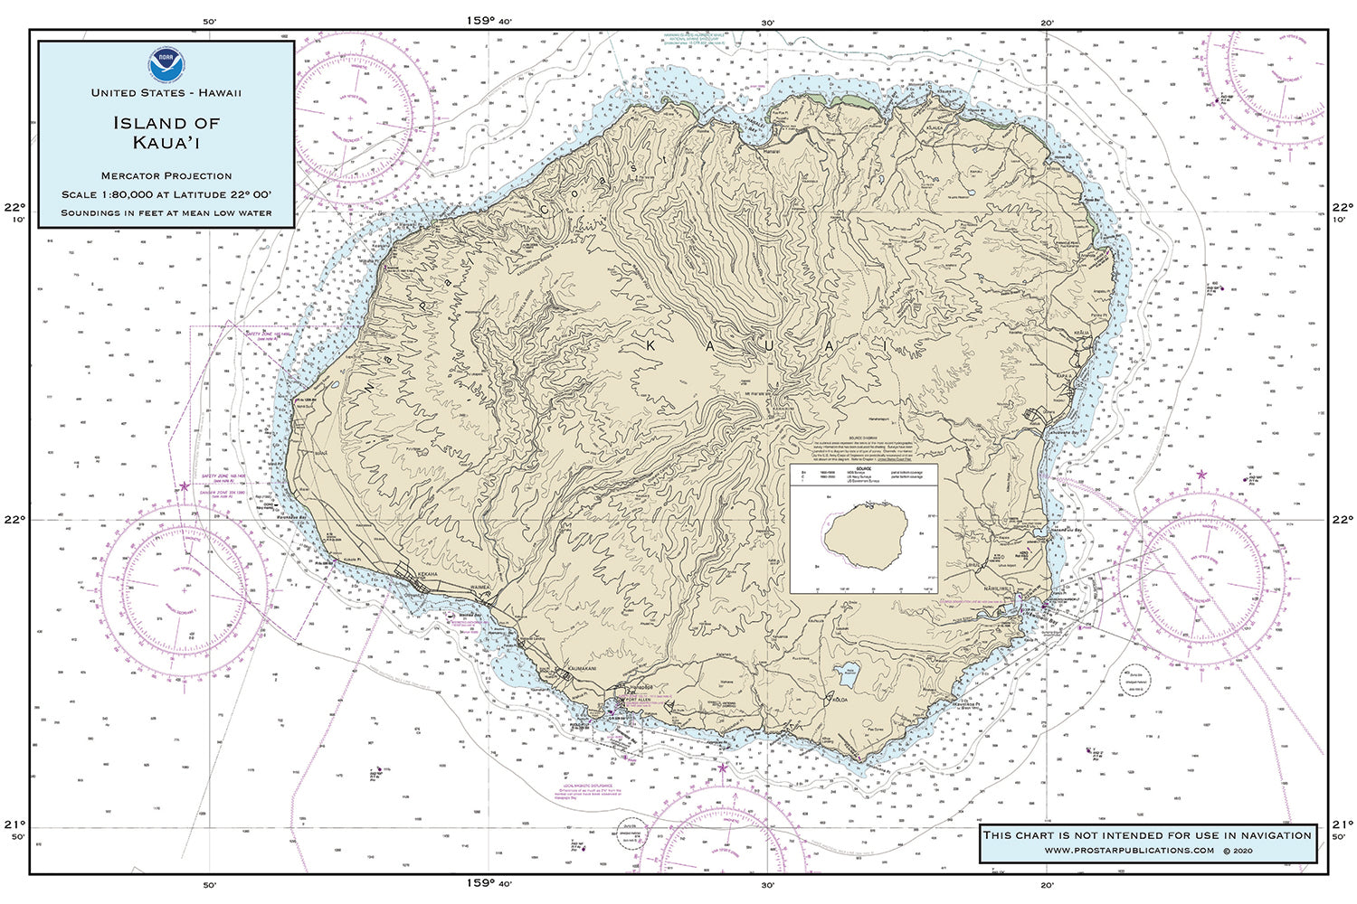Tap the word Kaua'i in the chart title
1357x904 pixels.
coord(166,142)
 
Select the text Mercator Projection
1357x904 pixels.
coord(166,175)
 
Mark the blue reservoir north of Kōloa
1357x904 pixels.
coord(849,672)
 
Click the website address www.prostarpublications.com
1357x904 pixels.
coord(1129,851)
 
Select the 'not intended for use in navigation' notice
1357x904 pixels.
coord(1146,834)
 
